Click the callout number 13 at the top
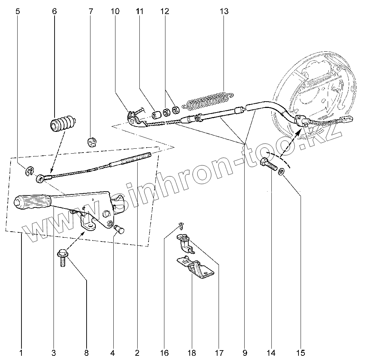pos(224,11)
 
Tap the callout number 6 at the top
pos(54,11)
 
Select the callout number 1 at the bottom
pos(21,353)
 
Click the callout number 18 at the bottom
pos(192,353)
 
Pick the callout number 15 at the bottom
pos(301,353)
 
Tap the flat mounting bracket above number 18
pos(195,267)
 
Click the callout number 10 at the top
pos(115,11)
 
